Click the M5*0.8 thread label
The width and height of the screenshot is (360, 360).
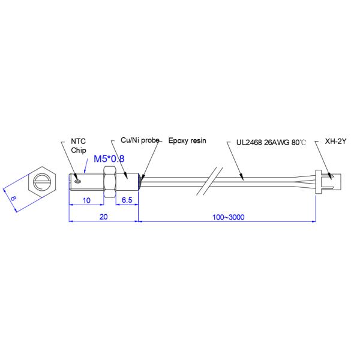click(109, 158)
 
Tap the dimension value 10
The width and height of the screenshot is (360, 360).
click(86, 200)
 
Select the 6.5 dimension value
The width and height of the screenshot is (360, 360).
click(127, 200)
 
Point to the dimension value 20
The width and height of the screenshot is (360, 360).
click(104, 217)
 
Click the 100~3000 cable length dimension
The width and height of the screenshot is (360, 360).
click(229, 217)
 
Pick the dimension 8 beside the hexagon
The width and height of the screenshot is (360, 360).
click(13, 198)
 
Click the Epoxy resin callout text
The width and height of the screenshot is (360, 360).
click(187, 140)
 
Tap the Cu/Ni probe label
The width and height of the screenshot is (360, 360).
click(140, 140)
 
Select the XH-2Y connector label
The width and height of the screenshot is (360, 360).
click(335, 141)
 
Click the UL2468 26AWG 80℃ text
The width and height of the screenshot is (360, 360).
click(271, 142)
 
